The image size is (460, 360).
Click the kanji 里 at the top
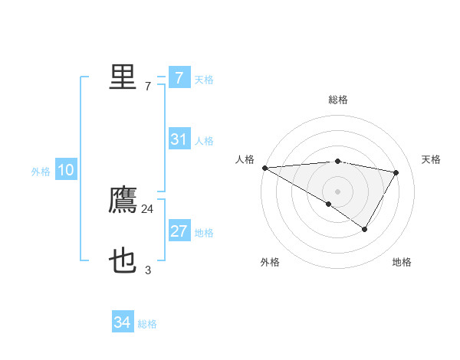point(123,77)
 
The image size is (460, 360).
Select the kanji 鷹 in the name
point(123,201)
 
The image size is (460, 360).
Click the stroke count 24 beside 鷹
point(148,208)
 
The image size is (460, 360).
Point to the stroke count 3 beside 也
point(148,270)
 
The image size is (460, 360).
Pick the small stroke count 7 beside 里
point(148,86)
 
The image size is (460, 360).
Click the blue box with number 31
point(179,139)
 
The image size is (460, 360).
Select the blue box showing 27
point(179,232)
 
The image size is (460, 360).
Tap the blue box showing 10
point(66,171)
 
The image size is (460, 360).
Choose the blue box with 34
point(122,323)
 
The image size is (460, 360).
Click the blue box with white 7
point(179,78)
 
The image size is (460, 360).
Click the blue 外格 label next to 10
point(41,172)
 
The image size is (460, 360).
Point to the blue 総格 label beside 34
point(147,324)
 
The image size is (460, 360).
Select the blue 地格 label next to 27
point(204,233)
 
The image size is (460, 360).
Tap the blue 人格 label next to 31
point(204,141)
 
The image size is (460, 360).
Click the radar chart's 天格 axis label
point(431,159)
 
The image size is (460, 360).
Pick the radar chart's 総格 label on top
point(337,100)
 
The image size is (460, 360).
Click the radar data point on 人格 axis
point(264,167)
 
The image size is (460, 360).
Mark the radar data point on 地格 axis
point(365,229)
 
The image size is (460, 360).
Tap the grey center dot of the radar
point(337,191)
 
